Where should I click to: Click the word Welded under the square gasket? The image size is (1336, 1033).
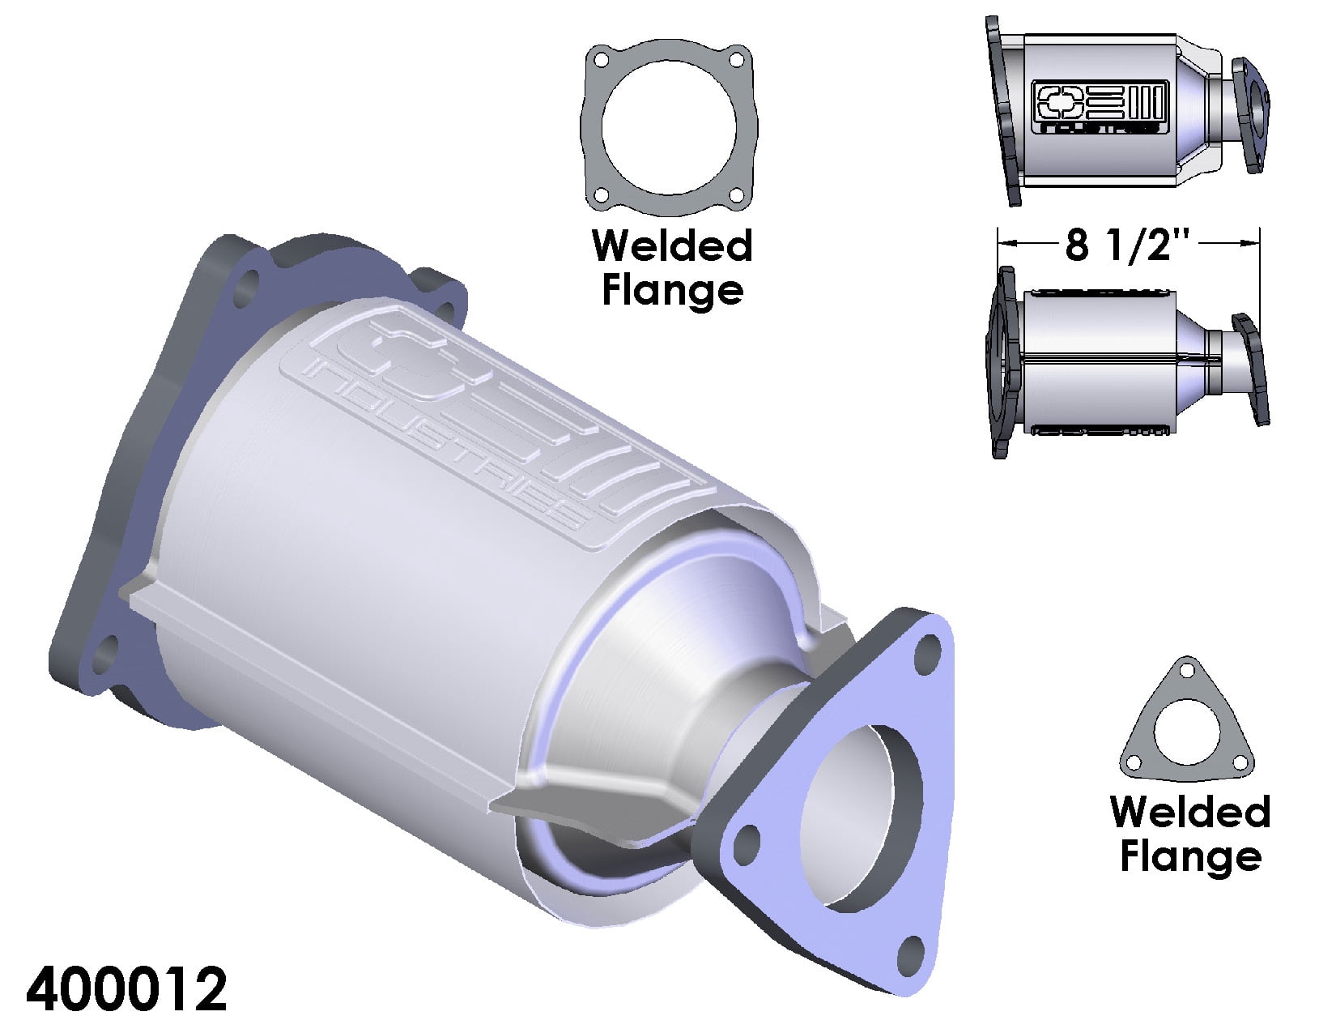coord(672,246)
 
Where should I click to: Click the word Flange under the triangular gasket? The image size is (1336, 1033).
coord(1190,856)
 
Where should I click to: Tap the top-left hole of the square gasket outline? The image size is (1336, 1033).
coord(601,60)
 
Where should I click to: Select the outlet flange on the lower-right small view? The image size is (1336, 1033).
coord(1249,369)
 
